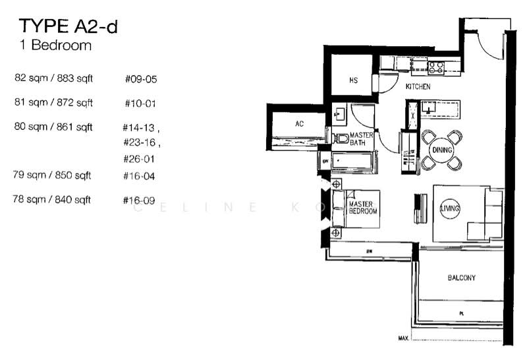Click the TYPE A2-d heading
[69, 26]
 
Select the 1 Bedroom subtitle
[55, 46]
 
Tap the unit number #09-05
[140, 79]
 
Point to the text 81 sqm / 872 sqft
[53, 102]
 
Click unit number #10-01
[140, 104]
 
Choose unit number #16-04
[140, 176]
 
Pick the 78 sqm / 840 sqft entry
[52, 199]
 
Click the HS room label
[353, 80]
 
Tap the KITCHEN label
[418, 86]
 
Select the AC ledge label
[299, 123]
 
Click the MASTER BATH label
[362, 138]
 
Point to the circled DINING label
[441, 150]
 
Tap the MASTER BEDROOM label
[362, 208]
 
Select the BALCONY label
[461, 278]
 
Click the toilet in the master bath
[341, 138]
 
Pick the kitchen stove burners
[435, 65]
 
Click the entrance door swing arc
[490, 45]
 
